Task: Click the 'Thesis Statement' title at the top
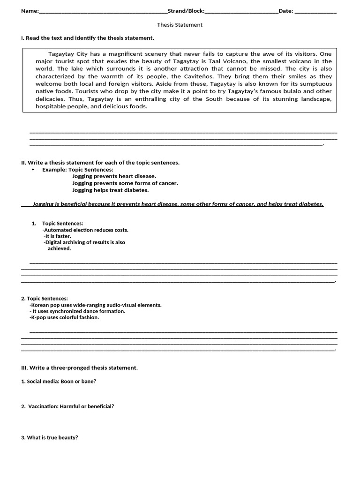pos(180,25)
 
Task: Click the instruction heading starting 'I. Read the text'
pos(88,38)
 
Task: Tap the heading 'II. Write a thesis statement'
pos(100,163)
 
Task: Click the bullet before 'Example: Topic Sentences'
pos(33,170)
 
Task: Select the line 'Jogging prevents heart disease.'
pos(114,176)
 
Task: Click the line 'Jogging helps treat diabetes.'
pos(110,190)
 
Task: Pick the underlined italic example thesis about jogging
pos(178,204)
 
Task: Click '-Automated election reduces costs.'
pos(85,230)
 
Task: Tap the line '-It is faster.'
pos(57,236)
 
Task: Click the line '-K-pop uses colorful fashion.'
pos(64,317)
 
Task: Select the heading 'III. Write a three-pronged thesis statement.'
pos(80,368)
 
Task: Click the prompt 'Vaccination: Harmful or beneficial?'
pos(71,406)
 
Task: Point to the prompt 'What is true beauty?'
pos(52,437)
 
